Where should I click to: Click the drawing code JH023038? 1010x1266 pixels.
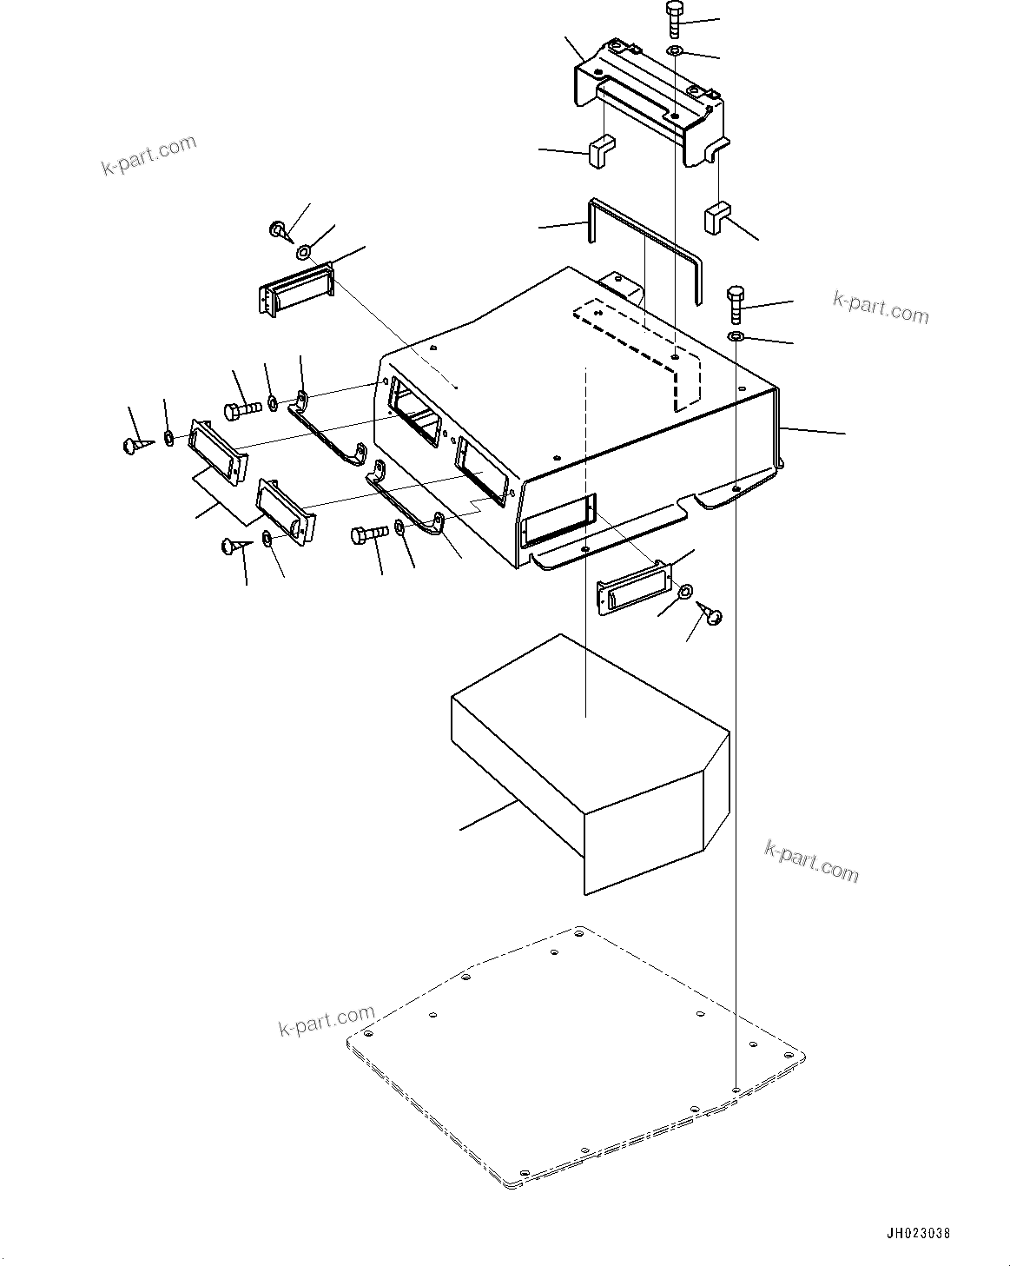pyautogui.click(x=918, y=1232)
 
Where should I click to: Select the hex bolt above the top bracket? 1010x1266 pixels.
pyautogui.click(x=676, y=20)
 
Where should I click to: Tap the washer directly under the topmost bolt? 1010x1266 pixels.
pyautogui.click(x=675, y=52)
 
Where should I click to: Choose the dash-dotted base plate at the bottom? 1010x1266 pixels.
pyautogui.click(x=578, y=1056)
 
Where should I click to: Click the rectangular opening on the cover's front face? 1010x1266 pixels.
pyautogui.click(x=559, y=518)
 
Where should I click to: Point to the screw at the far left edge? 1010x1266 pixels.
pyautogui.click(x=134, y=445)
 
